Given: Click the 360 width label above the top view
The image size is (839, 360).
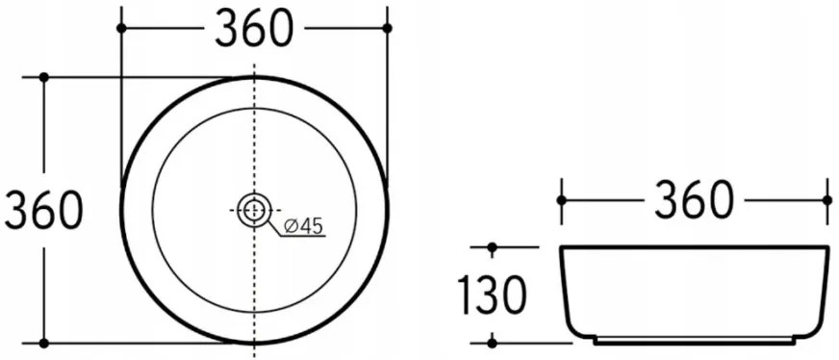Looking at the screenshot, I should [253, 30].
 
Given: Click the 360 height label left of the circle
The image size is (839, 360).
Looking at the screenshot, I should [42, 210].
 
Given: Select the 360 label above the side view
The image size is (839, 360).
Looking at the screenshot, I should [694, 200].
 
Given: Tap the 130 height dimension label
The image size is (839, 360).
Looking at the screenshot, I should [492, 296].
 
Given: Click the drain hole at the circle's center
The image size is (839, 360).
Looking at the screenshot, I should [254, 209].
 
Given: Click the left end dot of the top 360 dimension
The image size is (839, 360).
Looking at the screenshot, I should [121, 29].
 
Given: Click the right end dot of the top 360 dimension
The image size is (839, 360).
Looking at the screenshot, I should [387, 29].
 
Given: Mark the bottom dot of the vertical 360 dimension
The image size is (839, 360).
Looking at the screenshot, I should [43, 342].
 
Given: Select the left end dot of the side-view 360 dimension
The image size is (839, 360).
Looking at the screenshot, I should [562, 199].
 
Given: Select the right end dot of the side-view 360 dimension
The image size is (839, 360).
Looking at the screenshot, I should [826, 199].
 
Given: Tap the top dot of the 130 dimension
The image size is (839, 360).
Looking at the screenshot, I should [492, 248].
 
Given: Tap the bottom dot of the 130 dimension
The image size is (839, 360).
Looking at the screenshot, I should [492, 341].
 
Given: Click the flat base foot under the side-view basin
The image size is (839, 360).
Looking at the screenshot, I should [694, 342].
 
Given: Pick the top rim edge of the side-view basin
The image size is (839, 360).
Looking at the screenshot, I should [694, 248].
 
